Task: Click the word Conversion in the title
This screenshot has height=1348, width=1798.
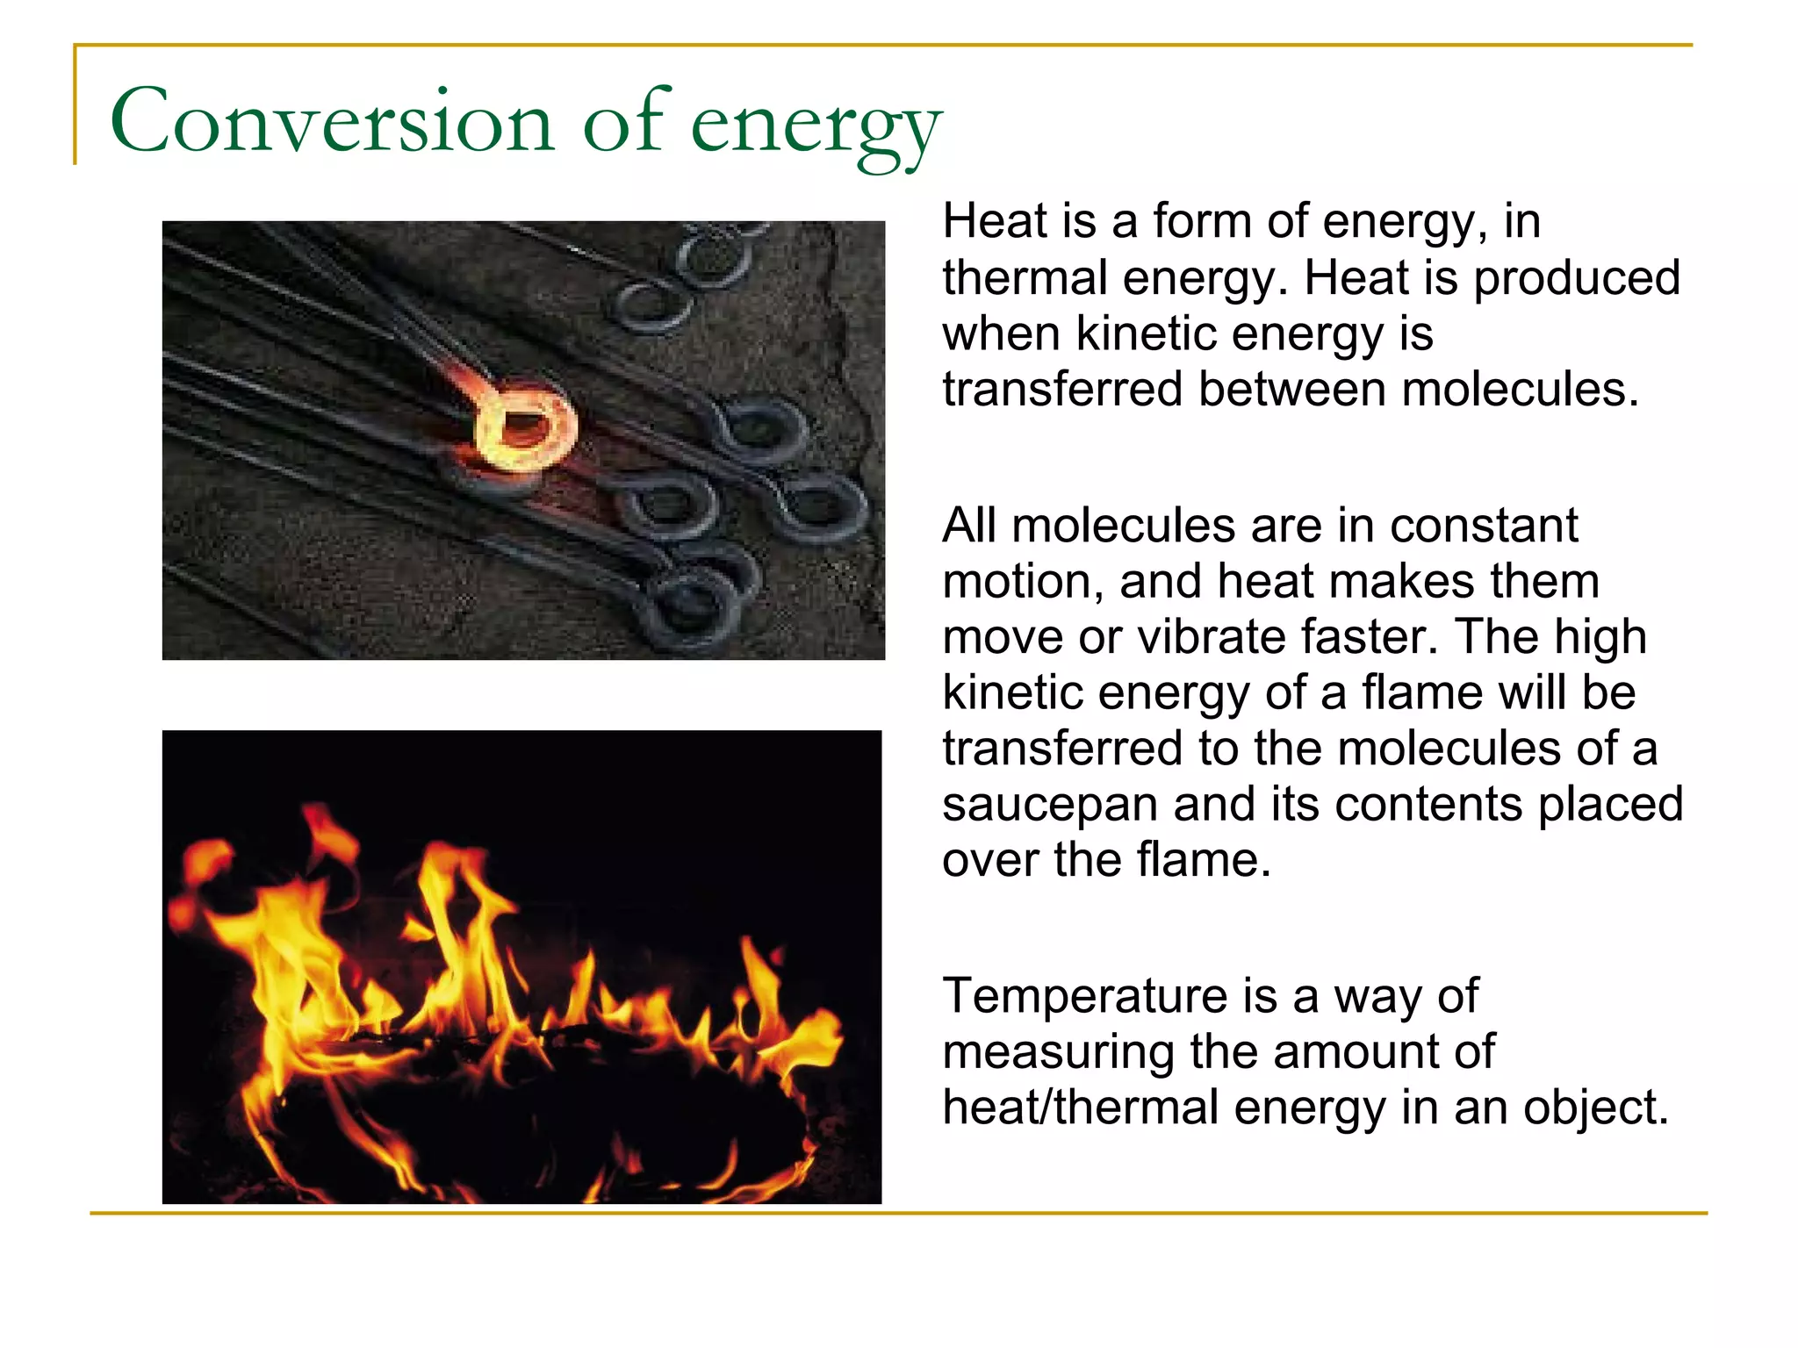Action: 332,123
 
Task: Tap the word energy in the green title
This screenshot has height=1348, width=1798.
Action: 815,127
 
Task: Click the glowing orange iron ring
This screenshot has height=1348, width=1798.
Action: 524,426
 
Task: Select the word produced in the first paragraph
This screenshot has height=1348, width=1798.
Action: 1576,279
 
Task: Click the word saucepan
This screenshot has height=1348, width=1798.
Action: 1049,806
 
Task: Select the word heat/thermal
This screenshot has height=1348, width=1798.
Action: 1080,1108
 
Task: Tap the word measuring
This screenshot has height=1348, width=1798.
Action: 1057,1053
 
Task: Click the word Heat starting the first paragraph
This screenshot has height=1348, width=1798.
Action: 995,221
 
